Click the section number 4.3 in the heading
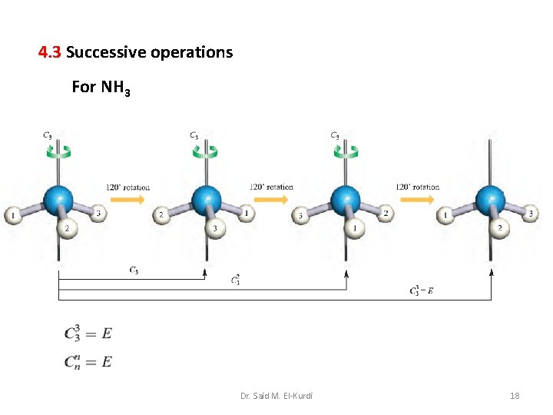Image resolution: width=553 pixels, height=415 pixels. click(x=50, y=53)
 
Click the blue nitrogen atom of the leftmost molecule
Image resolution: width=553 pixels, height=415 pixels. click(x=58, y=200)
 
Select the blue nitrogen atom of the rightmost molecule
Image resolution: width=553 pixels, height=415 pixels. click(x=491, y=200)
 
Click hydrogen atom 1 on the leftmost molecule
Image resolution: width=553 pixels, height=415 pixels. click(x=13, y=216)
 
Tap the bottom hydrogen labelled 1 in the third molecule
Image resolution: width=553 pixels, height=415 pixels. click(x=353, y=227)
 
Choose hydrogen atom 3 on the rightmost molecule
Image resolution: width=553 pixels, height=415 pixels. click(x=530, y=213)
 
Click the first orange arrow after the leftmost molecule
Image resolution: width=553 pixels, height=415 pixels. click(x=127, y=201)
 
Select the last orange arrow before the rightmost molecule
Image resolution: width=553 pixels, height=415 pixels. click(x=417, y=201)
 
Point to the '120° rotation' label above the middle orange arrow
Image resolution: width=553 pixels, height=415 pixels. click(x=271, y=187)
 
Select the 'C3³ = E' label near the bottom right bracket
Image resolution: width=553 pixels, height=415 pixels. click(x=422, y=290)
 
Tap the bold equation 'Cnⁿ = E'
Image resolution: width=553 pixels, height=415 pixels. click(x=88, y=360)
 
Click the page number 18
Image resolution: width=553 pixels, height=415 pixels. click(x=515, y=396)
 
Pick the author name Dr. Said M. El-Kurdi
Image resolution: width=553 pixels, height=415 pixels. click(x=276, y=396)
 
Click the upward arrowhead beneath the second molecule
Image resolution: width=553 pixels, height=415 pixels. click(x=205, y=271)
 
